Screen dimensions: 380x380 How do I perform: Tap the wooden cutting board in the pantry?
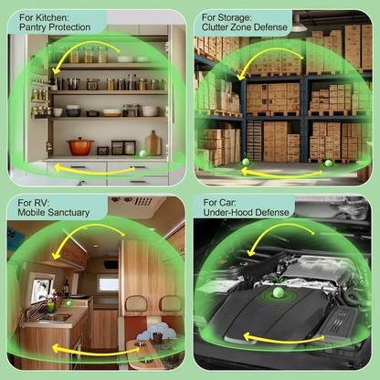(x=153, y=142)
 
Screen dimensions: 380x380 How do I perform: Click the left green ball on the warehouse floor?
(x=245, y=161)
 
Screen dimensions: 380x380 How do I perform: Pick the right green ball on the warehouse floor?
(x=328, y=162)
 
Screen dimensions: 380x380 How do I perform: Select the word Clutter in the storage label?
(x=218, y=27)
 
